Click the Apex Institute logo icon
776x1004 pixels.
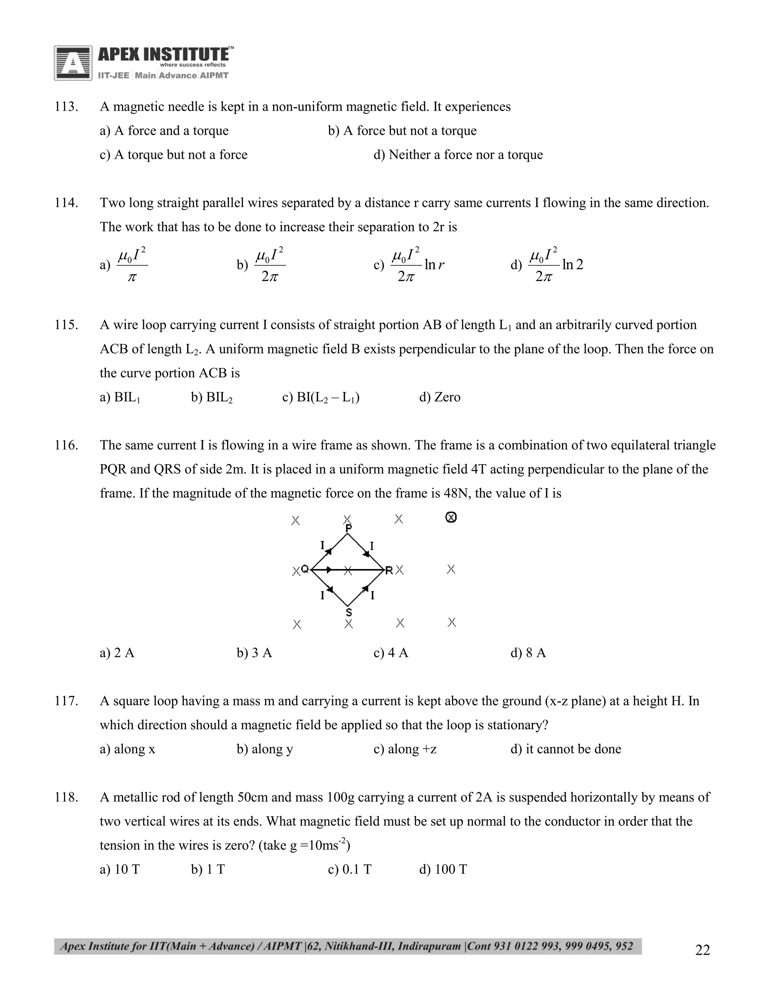click(73, 63)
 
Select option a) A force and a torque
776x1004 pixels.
click(164, 131)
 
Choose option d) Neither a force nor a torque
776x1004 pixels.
click(458, 155)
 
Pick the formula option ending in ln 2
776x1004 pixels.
click(547, 265)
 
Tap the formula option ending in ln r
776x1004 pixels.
click(409, 265)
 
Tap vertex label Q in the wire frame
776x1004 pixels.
click(304, 569)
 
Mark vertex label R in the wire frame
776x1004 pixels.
click(389, 571)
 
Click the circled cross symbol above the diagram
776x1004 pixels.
click(451, 518)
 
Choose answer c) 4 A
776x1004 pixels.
click(391, 653)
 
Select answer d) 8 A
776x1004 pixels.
click(528, 653)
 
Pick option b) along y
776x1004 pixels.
click(265, 749)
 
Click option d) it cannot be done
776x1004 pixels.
click(566, 749)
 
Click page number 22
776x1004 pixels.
click(702, 950)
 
